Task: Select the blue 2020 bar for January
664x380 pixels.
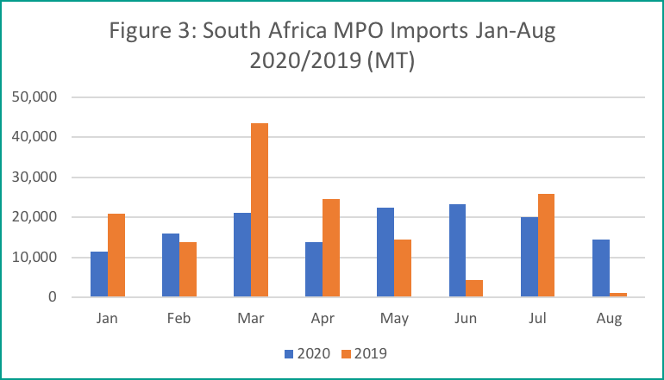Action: (x=99, y=274)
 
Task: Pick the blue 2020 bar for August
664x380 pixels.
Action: (x=600, y=268)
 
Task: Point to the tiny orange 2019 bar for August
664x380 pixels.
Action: (x=617, y=295)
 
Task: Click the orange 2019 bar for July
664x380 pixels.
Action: (x=546, y=246)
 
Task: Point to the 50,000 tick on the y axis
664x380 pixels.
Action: (x=35, y=97)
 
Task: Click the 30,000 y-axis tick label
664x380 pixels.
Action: (x=35, y=178)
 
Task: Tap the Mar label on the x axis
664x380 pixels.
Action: (x=251, y=319)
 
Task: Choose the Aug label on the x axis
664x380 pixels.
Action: (x=609, y=319)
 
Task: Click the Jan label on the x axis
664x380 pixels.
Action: (x=108, y=319)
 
